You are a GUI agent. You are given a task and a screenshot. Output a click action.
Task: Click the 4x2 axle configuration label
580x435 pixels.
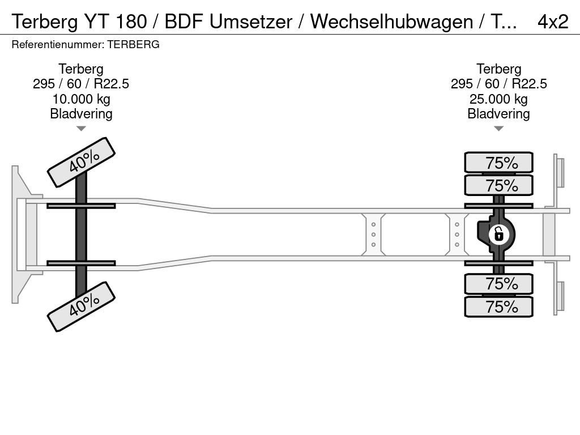(552, 22)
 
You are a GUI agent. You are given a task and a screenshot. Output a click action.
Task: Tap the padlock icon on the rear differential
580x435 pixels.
(498, 233)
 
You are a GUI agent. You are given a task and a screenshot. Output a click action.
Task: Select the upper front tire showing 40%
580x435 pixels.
(82, 162)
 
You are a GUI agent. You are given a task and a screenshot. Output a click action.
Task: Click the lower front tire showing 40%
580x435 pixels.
(82, 306)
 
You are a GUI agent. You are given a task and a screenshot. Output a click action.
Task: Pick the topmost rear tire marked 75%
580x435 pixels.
(498, 163)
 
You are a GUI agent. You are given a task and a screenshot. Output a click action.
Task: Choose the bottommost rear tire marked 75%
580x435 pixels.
(498, 306)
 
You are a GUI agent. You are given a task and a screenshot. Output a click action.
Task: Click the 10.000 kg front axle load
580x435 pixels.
(81, 99)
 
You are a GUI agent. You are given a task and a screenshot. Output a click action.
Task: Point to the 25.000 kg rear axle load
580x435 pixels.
(498, 99)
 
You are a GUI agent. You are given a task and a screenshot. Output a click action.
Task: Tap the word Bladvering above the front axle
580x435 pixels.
(81, 114)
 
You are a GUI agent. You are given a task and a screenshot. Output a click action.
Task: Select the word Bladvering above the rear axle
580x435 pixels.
(498, 114)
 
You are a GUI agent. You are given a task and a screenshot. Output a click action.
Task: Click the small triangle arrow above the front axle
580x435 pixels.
(81, 129)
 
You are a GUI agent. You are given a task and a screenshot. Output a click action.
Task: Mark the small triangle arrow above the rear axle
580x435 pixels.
(498, 129)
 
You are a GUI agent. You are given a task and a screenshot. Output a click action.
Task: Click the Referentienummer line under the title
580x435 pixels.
(86, 44)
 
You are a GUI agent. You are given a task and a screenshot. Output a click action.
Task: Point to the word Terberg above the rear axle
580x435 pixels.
(498, 69)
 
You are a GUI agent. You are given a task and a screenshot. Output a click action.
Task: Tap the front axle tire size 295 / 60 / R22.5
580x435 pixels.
(81, 84)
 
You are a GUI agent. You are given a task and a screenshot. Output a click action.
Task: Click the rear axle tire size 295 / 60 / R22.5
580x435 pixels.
(498, 84)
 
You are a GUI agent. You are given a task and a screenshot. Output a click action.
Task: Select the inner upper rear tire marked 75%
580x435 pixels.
(498, 185)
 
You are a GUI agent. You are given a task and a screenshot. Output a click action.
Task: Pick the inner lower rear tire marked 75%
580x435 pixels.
(498, 283)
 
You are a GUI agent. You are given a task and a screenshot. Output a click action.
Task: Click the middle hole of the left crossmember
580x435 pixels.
(374, 234)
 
